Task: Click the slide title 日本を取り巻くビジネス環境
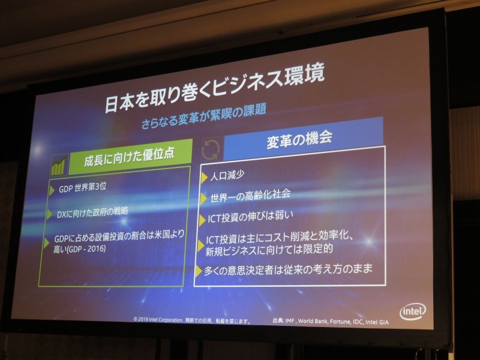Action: pyautogui.click(x=215, y=89)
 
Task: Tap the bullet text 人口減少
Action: pyautogui.click(x=228, y=176)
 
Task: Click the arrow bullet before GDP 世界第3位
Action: pyautogui.click(x=52, y=189)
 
